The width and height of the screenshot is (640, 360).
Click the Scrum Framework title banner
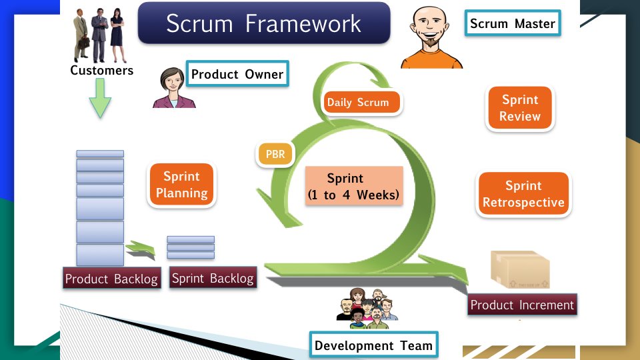pyautogui.click(x=263, y=23)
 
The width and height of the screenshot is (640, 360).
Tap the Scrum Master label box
pyautogui.click(x=512, y=23)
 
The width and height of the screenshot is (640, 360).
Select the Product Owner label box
pyautogui.click(x=237, y=74)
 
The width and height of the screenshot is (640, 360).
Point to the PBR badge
pyautogui.click(x=275, y=155)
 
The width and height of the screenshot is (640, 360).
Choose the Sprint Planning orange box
pyautogui.click(x=181, y=185)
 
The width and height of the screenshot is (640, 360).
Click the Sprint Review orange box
pyautogui.click(x=520, y=108)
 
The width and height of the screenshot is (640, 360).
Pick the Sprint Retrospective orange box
pyautogui.click(x=523, y=194)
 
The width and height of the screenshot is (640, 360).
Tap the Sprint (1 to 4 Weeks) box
pyautogui.click(x=354, y=187)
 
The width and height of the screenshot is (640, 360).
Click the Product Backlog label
pyautogui.click(x=111, y=279)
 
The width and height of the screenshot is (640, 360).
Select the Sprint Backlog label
pyautogui.click(x=213, y=278)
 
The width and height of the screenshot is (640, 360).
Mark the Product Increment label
pyautogui.click(x=522, y=305)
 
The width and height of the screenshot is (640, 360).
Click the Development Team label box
pyautogui.click(x=374, y=345)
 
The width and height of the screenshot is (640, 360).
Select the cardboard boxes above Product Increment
pyautogui.click(x=521, y=270)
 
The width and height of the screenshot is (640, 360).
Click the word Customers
pyautogui.click(x=101, y=70)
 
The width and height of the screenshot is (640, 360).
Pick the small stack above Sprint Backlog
pyautogui.click(x=191, y=247)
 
